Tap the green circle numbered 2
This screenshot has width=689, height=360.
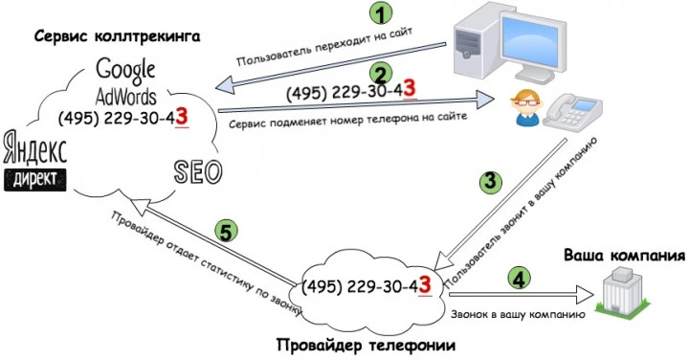click(381, 74)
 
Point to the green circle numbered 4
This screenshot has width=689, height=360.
click(518, 280)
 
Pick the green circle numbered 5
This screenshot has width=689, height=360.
click(228, 231)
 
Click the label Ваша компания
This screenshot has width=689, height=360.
click(623, 256)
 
